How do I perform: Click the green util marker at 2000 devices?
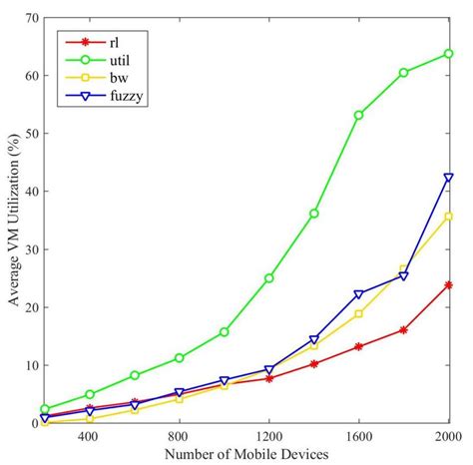448,53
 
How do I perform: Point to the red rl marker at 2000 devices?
448,284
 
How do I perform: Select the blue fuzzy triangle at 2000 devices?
448,178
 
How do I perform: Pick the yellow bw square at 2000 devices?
448,216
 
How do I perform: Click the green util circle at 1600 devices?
358,115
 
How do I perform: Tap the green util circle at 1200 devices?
268,277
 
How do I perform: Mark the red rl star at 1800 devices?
403,329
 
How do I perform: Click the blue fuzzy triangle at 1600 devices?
358,294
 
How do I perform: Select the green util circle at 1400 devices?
313,214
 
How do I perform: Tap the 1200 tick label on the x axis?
268,437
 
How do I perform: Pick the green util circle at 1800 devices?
403,72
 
